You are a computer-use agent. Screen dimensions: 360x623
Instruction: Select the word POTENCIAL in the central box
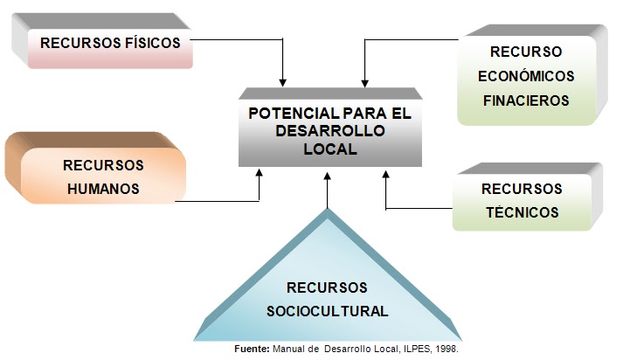click(289, 114)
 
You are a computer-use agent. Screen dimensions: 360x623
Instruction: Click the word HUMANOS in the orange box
click(101, 188)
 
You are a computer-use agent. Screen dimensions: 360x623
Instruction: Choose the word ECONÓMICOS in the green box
click(526, 75)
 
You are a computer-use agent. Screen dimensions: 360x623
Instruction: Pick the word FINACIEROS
click(526, 100)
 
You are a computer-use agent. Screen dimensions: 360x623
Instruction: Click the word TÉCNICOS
click(523, 211)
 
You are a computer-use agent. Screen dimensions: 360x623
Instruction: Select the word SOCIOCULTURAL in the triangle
click(329, 310)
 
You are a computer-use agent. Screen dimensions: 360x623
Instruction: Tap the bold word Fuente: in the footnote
click(254, 349)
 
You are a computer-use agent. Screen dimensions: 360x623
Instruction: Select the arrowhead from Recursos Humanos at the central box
click(259, 173)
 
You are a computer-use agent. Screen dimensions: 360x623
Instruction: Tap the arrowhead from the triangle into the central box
click(329, 173)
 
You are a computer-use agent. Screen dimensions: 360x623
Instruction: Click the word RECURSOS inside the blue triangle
click(329, 287)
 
